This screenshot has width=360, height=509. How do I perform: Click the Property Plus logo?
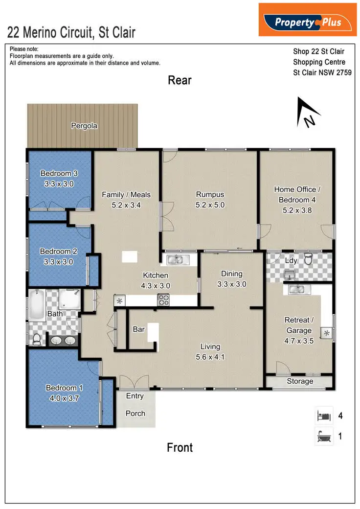(x=308, y=21)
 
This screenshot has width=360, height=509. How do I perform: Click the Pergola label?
(x=84, y=126)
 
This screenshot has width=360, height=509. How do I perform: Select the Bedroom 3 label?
(x=59, y=173)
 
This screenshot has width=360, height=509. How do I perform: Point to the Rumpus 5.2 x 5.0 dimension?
(x=210, y=205)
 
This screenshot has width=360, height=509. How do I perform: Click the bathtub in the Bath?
(x=37, y=302)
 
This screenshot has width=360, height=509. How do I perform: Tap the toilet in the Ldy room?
(x=308, y=259)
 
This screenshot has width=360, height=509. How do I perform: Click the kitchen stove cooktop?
(x=163, y=301)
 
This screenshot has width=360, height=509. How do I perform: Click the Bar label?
(x=139, y=329)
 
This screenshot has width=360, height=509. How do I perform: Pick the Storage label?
(x=300, y=381)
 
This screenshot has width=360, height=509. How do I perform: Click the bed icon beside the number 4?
(x=323, y=416)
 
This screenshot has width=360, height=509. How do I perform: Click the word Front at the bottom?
(x=180, y=447)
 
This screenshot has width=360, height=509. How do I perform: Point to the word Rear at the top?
(x=180, y=80)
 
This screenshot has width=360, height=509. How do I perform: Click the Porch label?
(x=135, y=413)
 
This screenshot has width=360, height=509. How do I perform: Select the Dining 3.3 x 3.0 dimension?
(x=231, y=284)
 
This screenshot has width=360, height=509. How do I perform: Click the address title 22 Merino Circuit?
(x=71, y=33)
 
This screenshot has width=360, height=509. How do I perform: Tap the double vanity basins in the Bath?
(x=63, y=340)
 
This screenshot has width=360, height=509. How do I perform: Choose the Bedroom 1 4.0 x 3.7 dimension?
(x=64, y=398)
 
